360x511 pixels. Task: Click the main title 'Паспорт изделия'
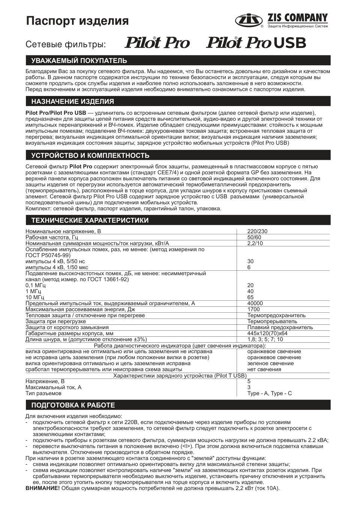coord(77,21)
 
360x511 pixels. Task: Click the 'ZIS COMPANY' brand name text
coord(297,18)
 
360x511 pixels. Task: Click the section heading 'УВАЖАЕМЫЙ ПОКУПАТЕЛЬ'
coord(79,61)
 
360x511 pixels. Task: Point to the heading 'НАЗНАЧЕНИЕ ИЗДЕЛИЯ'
coord(73,102)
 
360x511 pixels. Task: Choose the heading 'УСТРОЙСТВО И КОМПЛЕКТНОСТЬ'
coord(90,156)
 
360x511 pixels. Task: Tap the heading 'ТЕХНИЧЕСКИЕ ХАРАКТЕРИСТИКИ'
coord(90,220)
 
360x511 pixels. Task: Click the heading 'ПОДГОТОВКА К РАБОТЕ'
coord(73,405)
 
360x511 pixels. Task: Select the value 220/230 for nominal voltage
coord(258,231)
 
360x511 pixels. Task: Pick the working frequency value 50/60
coord(254,237)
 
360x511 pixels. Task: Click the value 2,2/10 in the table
coord(255,243)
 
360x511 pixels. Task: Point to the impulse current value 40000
coord(255,303)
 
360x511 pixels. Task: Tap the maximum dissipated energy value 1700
coord(253,309)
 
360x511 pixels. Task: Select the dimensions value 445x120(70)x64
coord(267,333)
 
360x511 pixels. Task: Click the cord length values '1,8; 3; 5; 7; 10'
coord(265,339)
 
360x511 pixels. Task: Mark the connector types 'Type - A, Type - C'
coord(269,393)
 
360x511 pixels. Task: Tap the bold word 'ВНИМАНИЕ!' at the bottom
coord(42,488)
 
